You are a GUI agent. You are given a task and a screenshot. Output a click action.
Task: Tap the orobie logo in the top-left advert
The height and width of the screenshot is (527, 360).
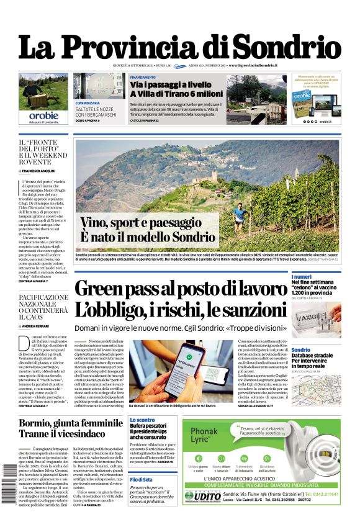(43, 115)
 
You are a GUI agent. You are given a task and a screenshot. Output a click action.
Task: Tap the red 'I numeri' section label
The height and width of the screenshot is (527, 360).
(302, 276)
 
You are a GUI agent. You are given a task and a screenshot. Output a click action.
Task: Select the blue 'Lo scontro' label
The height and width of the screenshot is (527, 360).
(142, 420)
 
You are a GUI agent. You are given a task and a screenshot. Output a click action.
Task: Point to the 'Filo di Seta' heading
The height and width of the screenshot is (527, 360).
(142, 480)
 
